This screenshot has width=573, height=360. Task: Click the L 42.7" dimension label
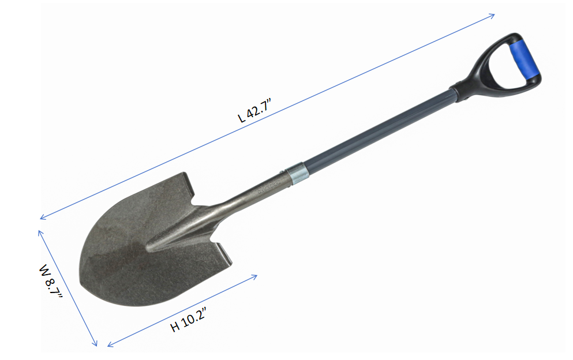coord(254,110)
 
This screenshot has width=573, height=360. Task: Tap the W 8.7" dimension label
coord(50,281)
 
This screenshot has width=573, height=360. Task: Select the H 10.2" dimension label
coord(189,320)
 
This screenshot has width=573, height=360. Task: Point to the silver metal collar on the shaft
coord(297,174)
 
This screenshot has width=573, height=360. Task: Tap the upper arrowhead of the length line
coord(492,16)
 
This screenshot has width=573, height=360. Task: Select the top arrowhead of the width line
coord(40,233)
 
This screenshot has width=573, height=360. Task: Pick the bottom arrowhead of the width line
coord(95,343)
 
